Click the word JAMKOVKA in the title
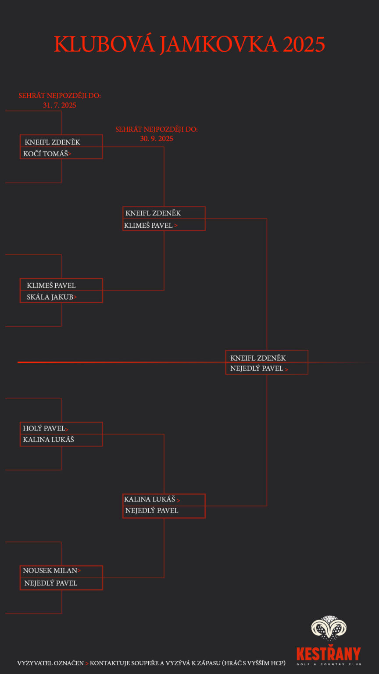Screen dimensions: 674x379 click(219, 44)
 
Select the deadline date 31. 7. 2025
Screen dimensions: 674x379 click(60, 105)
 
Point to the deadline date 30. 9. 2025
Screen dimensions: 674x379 click(157, 139)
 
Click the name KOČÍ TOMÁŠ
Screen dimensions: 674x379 click(46, 154)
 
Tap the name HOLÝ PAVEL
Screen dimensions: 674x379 click(44, 428)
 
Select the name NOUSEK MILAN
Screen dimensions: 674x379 click(50, 571)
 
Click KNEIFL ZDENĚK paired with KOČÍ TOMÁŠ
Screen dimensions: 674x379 click(53, 142)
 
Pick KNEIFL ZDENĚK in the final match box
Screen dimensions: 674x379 click(258, 358)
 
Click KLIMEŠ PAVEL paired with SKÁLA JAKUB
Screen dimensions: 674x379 click(51, 286)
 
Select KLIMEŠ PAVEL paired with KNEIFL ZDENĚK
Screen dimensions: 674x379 click(148, 226)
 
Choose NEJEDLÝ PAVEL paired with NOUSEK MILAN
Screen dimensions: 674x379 click(51, 583)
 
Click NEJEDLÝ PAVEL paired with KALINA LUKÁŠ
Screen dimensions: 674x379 click(152, 511)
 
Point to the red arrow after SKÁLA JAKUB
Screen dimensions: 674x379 click(75, 298)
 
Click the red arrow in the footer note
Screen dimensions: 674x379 click(87, 663)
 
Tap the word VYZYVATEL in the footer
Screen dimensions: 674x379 click(33, 663)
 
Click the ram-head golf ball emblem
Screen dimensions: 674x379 click(329, 629)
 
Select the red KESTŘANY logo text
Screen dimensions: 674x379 click(329, 653)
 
